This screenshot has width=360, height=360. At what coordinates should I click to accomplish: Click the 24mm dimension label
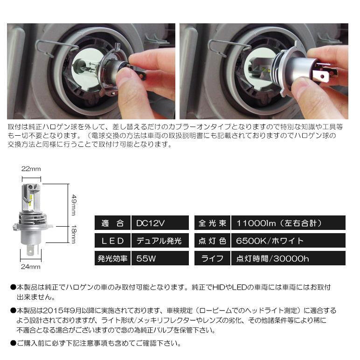click(x=31, y=267)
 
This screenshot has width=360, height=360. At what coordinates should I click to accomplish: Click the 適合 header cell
click(x=112, y=223)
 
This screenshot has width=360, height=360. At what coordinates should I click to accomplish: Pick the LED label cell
click(x=112, y=241)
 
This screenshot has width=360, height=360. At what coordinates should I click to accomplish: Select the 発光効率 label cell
click(x=112, y=258)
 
